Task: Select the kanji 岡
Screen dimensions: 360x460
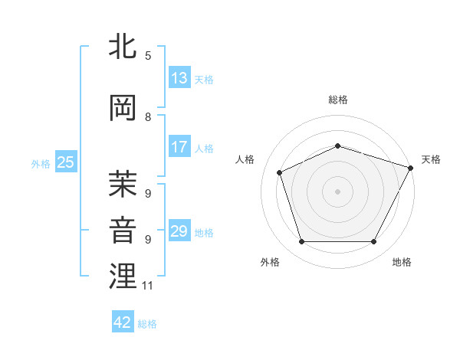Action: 123,108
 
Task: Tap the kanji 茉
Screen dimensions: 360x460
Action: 123,184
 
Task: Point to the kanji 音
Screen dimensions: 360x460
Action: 123,230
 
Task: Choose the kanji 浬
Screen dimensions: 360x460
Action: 123,276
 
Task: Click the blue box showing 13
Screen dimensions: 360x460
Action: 179,78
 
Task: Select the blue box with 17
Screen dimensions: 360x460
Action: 179,147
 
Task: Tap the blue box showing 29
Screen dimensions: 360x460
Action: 179,231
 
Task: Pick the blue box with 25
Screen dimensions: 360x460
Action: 65,162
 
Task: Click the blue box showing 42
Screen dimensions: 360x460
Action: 123,322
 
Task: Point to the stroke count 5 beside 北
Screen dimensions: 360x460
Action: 148,56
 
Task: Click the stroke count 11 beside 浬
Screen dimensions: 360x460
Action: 148,286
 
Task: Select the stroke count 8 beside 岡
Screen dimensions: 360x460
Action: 148,117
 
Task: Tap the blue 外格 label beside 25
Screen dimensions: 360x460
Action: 41,163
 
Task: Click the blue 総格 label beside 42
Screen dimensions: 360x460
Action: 147,324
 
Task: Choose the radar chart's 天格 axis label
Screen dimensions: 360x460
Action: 431,159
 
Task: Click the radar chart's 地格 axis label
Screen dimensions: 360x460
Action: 402,262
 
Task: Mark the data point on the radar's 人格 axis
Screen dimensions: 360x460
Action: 280,172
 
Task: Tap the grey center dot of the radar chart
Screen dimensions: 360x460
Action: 337,191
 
